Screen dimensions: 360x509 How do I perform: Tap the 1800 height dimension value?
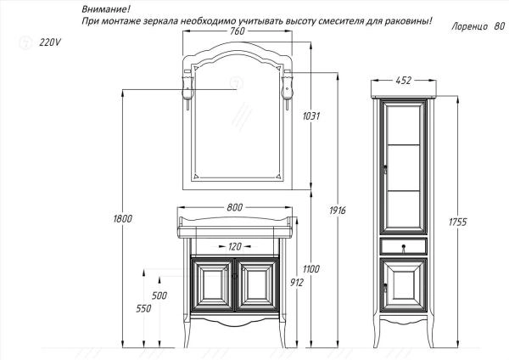point(122,220)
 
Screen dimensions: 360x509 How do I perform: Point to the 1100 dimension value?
point(310,269)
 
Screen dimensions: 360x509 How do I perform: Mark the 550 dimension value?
point(143,308)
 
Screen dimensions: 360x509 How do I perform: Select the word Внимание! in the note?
point(100,8)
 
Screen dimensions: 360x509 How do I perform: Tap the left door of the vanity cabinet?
point(212,284)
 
